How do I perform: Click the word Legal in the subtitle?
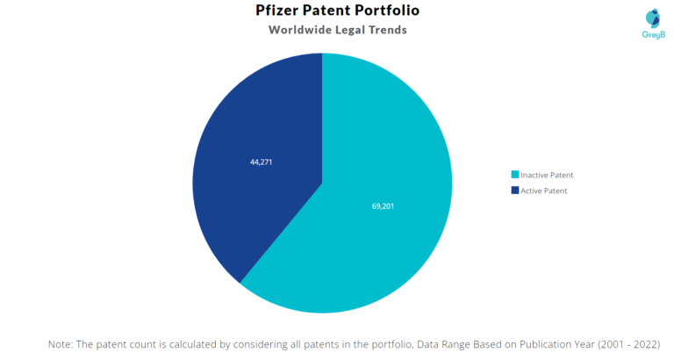point(348,30)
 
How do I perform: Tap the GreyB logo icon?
point(652,17)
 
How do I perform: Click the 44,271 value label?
point(262,162)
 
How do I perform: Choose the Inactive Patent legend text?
point(547,175)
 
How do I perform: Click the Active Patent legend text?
point(543,191)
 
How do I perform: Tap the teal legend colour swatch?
point(515,175)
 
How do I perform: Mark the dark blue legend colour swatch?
point(515,191)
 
